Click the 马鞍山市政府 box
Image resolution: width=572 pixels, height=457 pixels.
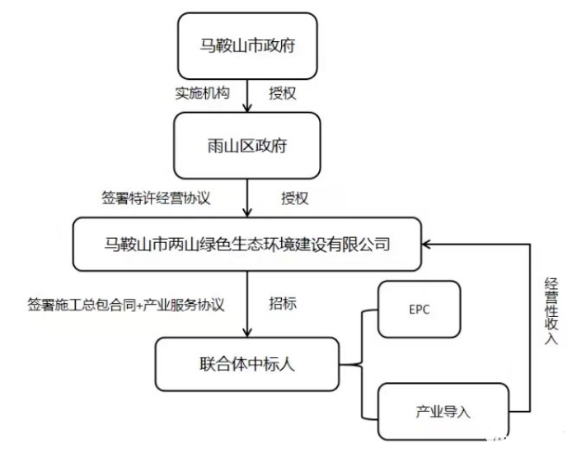click(247, 46)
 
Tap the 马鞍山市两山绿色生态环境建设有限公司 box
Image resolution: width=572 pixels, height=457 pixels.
click(247, 244)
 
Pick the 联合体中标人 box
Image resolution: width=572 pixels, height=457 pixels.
click(247, 362)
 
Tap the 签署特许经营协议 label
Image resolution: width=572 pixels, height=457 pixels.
click(154, 198)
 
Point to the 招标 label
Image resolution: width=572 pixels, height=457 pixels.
click(283, 303)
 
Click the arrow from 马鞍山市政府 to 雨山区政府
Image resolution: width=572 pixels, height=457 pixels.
click(248, 97)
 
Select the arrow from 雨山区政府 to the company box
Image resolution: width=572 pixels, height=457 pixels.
click(248, 198)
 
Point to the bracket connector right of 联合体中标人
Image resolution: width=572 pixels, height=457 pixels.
click(361, 363)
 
